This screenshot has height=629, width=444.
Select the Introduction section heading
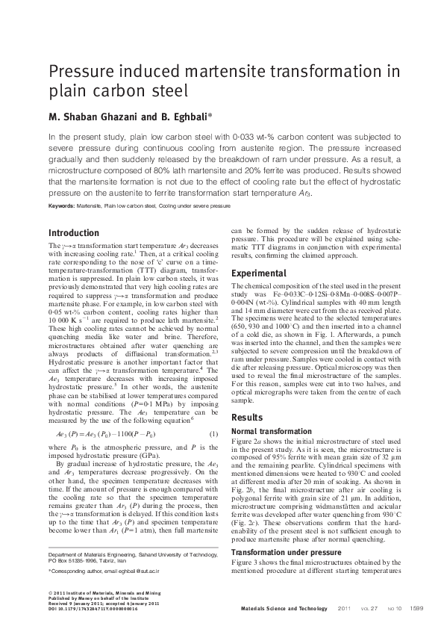[74, 233]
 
